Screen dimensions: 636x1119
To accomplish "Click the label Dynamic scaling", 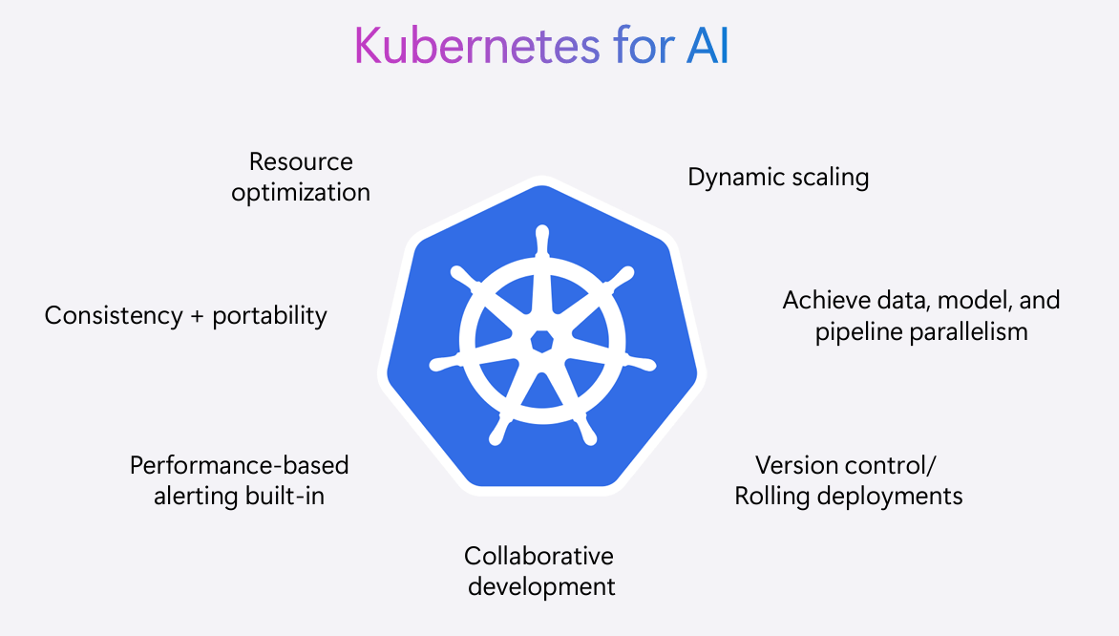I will (x=778, y=178).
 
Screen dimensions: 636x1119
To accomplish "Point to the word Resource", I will (x=301, y=161).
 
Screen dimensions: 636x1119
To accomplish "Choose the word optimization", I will (x=301, y=193).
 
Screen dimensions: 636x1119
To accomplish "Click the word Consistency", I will (x=114, y=316).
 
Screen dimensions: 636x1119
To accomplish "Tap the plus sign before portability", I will (x=197, y=317).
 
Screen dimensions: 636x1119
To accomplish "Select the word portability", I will (x=270, y=316).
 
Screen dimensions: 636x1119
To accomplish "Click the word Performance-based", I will (x=239, y=465).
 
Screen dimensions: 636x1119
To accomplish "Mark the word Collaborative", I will (x=538, y=556).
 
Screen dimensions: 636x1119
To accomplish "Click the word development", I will (x=541, y=586).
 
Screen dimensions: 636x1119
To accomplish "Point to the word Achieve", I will (x=824, y=301).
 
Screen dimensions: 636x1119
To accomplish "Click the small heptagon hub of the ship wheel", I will (x=542, y=342).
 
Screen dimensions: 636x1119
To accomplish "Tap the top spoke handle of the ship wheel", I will (x=542, y=242).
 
